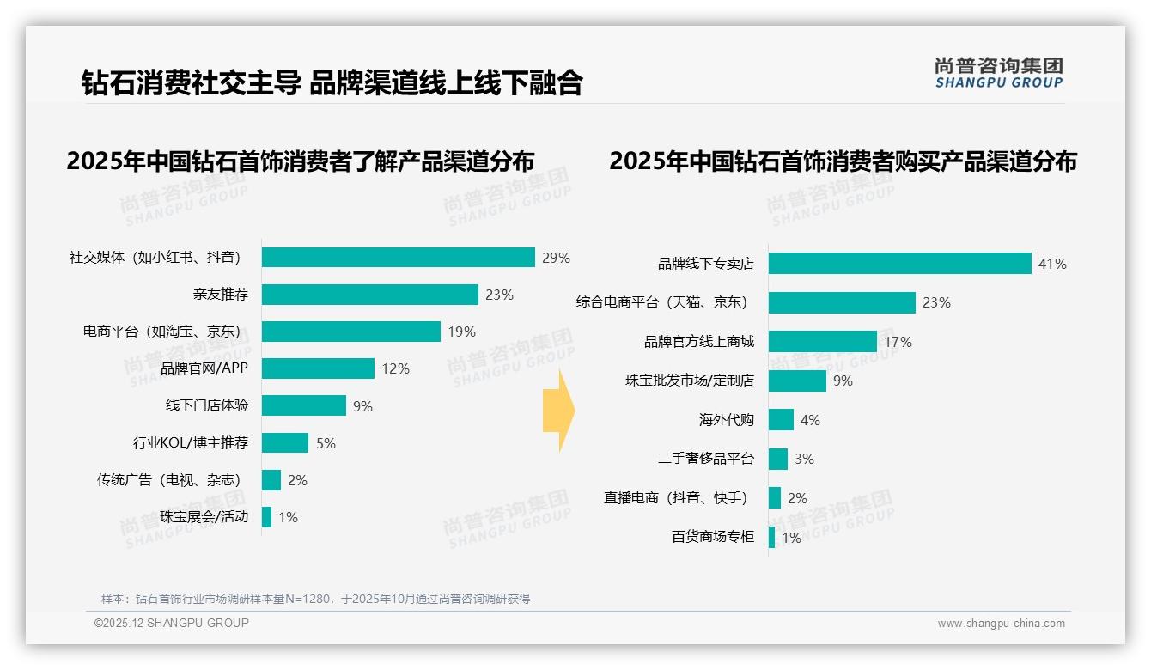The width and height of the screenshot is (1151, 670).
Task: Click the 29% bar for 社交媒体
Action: click(399, 258)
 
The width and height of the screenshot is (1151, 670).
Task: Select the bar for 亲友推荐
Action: click(369, 295)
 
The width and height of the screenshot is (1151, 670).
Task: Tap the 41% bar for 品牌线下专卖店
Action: click(899, 264)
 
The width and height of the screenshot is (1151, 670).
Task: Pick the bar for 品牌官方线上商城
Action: click(822, 342)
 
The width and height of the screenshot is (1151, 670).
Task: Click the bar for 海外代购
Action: click(781, 420)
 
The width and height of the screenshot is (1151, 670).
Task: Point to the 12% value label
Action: click(396, 368)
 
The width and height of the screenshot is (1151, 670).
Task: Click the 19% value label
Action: click(461, 332)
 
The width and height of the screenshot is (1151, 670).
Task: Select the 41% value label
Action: click(1052, 264)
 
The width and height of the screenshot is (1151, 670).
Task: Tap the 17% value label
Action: click(898, 342)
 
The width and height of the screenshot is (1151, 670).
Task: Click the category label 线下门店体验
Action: click(207, 405)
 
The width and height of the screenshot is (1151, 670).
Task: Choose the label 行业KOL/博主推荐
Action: click(191, 443)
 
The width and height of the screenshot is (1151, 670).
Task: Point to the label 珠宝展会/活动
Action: click(204, 517)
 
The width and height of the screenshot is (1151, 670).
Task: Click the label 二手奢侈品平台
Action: click(706, 459)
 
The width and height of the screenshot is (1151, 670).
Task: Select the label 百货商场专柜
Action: click(713, 538)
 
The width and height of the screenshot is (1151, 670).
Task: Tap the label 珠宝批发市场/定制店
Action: click(690, 381)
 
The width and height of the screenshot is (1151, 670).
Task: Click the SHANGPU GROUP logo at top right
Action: click(998, 73)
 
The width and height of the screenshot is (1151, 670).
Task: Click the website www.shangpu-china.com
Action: click(1001, 624)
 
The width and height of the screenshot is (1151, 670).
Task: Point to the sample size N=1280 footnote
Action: click(315, 599)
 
